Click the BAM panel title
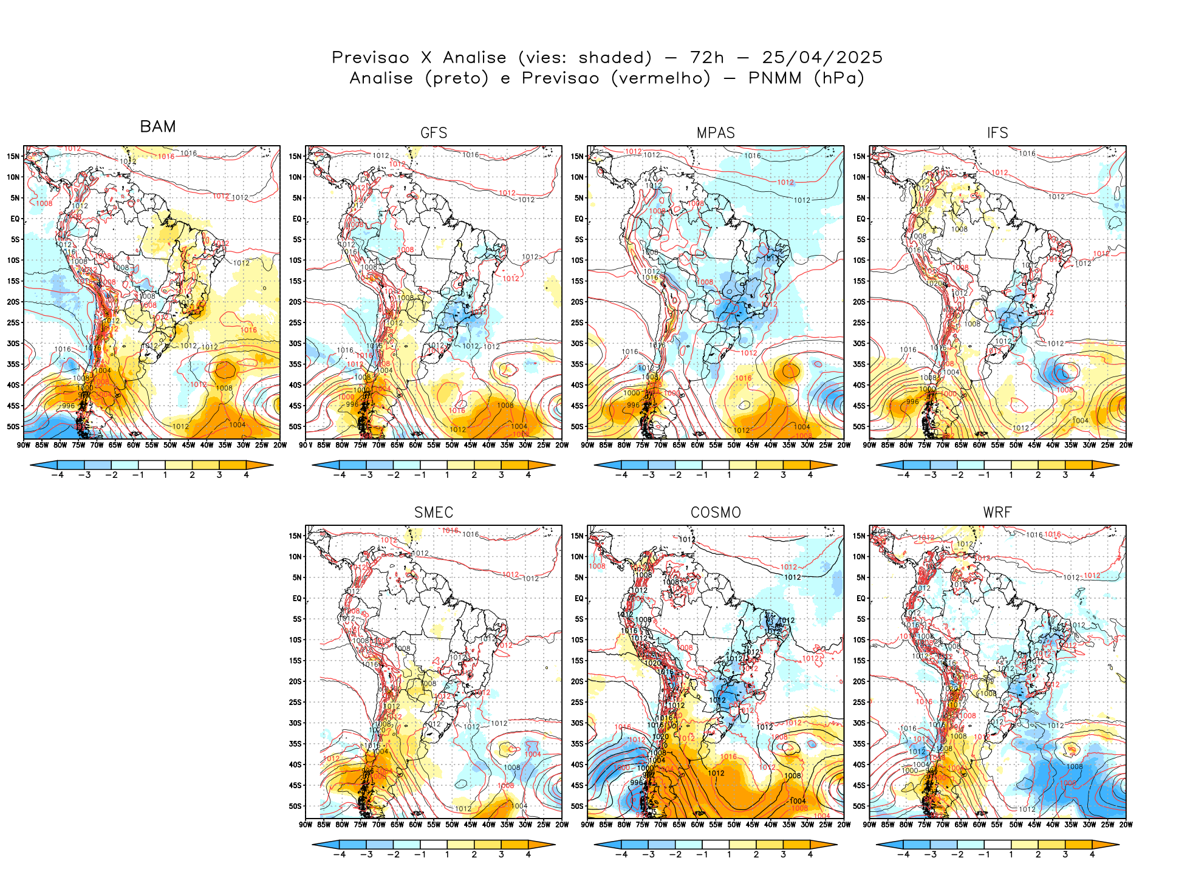pos(158,126)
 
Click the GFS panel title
pos(434,133)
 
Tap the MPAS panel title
pos(716,133)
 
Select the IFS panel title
pos(997,133)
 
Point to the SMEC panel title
pos(434,513)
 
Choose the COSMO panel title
pos(716,513)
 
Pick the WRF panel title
pos(997,513)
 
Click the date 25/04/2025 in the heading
pos(822,57)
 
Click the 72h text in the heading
pos(707,57)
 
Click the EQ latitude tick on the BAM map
pos(15,219)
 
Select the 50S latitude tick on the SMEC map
pos(295,806)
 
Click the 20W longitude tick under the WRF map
pos(1126,825)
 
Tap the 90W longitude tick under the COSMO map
pos(587,825)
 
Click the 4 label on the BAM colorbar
pos(246,475)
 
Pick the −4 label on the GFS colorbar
pos(340,475)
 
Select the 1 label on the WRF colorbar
pos(1011,854)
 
